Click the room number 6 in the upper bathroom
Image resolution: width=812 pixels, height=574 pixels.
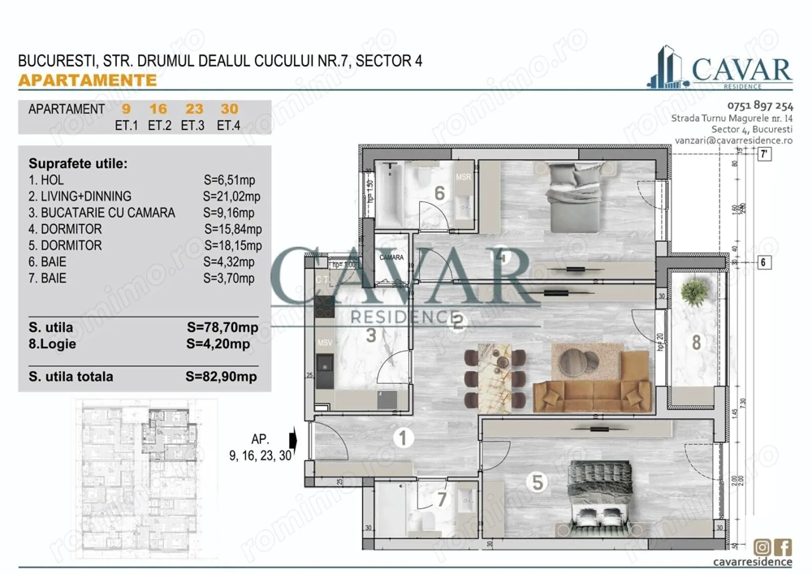tap(439, 193)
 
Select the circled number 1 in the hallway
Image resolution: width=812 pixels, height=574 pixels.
tap(403, 438)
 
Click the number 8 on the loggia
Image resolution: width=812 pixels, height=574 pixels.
tap(696, 343)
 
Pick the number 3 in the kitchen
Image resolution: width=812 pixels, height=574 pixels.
tap(370, 334)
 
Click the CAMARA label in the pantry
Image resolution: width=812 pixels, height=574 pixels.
tap(391, 257)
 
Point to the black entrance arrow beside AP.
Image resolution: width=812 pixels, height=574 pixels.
tap(293, 441)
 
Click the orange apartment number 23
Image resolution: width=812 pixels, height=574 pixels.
tap(193, 110)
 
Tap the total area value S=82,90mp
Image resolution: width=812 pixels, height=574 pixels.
tap(221, 377)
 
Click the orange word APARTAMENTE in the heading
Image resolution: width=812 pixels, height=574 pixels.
tap(87, 80)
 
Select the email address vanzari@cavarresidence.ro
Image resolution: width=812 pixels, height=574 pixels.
tap(733, 140)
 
